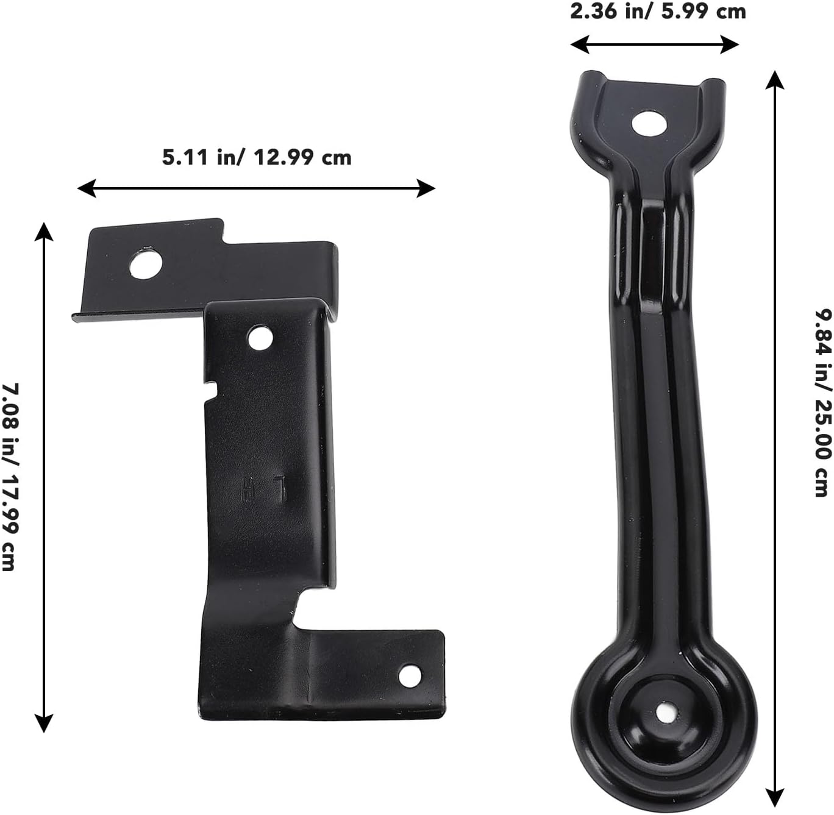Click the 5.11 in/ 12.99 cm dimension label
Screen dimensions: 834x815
click(x=257, y=157)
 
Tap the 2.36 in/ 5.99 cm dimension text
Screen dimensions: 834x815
click(x=658, y=11)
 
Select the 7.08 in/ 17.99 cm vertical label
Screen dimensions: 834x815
click(x=10, y=477)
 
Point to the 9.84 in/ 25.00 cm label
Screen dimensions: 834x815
click(x=823, y=403)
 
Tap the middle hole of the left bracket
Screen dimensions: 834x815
click(x=260, y=338)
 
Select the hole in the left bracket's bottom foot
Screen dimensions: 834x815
click(x=410, y=676)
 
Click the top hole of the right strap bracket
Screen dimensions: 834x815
click(x=649, y=124)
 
